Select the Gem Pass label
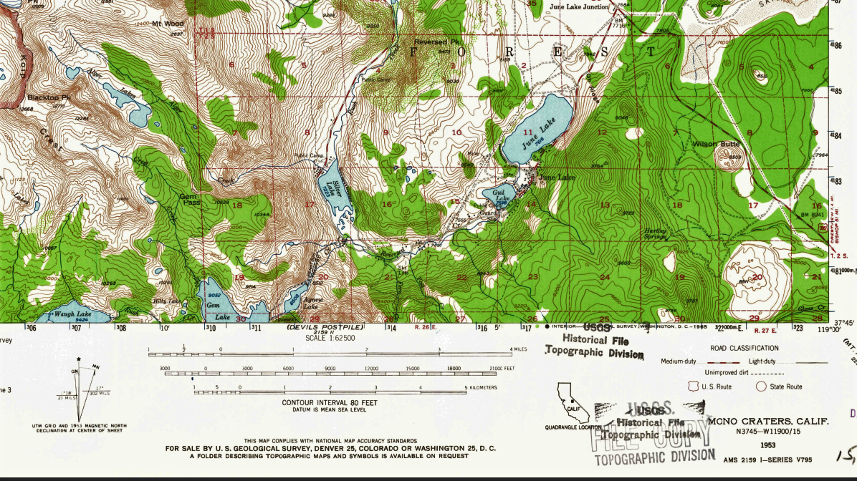(x=188, y=200)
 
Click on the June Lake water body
(x=537, y=129)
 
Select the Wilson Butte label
(x=715, y=145)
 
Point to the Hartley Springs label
(x=655, y=234)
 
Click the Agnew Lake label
(x=311, y=303)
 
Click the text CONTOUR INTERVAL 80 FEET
(x=330, y=402)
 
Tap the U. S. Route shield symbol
(x=692, y=387)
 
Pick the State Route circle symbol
(x=761, y=387)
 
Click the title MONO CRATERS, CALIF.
(x=767, y=421)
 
